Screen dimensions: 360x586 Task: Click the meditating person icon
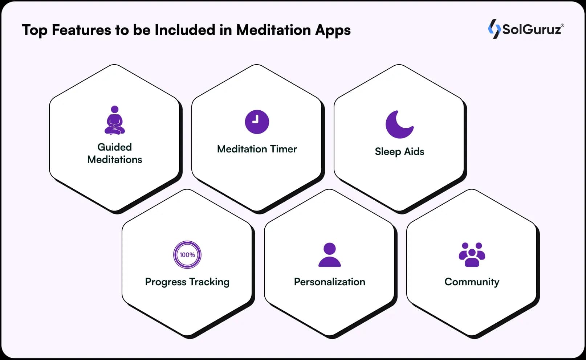coord(115,120)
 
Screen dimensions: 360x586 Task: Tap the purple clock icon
coord(257,122)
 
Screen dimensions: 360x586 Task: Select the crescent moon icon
coord(399,124)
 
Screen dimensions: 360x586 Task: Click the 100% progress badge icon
coord(187,255)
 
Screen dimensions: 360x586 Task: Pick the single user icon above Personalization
coord(330,255)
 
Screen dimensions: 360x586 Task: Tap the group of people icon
coord(472,255)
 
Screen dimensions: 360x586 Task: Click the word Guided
coord(115,147)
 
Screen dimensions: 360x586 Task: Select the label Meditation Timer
coord(257,149)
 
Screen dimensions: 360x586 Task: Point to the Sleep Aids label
coord(399,151)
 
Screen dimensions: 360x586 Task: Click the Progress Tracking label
coord(187,282)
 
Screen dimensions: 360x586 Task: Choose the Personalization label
coord(330,282)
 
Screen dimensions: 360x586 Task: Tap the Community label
coord(472,282)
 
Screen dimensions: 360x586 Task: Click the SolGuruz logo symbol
coord(494,29)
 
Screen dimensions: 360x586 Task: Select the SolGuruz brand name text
coord(532,29)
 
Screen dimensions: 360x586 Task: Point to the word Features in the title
coord(81,30)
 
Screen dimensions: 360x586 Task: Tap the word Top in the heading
coord(34,30)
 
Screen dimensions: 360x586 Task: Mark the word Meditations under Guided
coord(115,160)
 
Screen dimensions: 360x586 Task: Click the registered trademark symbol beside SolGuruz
coord(562,25)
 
